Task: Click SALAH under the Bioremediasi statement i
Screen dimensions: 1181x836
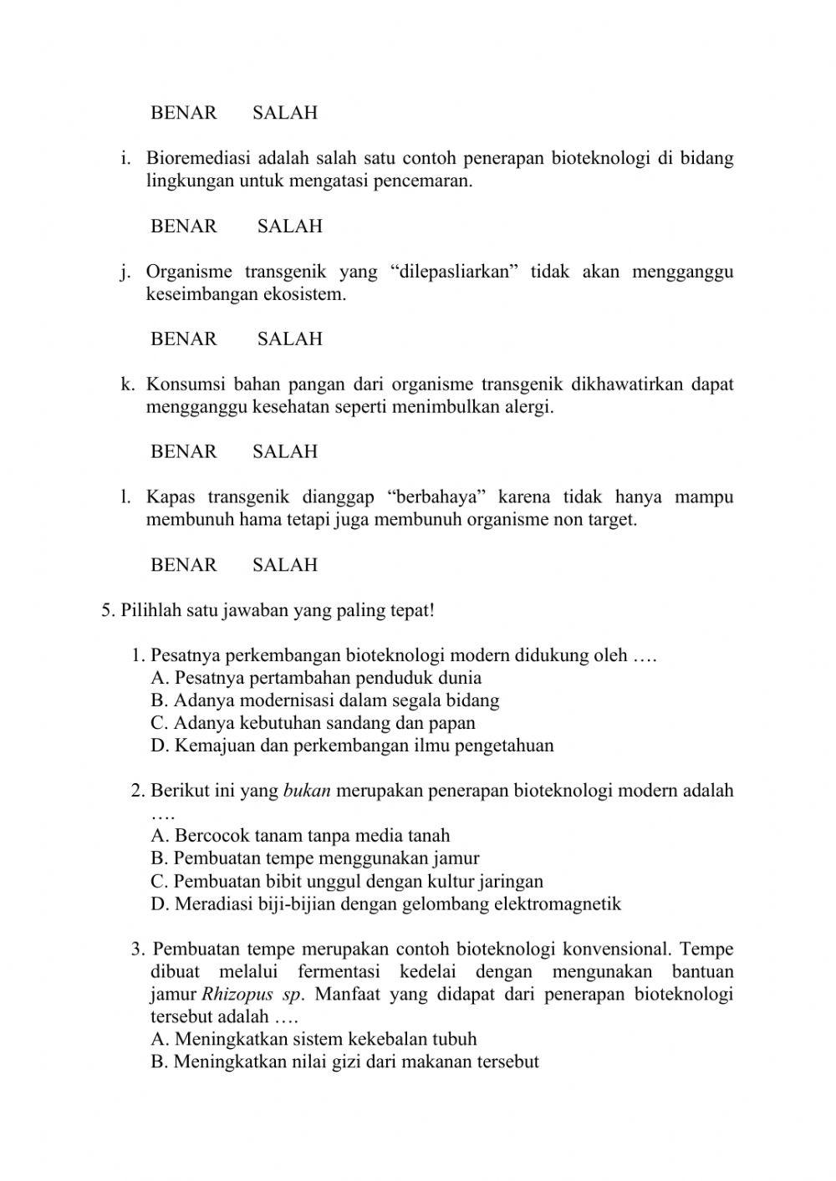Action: tap(289, 227)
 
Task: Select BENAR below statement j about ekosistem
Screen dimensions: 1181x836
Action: tap(183, 339)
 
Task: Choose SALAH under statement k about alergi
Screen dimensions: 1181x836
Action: tap(285, 452)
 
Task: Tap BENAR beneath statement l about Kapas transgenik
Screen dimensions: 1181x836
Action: tap(183, 565)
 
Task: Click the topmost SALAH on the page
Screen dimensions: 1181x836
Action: tap(285, 113)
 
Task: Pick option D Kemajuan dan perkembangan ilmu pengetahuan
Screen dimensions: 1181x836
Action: tap(352, 746)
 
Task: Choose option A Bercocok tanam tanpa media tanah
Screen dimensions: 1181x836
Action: tap(300, 836)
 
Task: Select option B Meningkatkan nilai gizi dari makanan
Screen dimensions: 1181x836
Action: tap(344, 1062)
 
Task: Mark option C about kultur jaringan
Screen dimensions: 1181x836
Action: tap(347, 881)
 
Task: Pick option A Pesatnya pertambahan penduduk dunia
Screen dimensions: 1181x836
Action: tap(316, 678)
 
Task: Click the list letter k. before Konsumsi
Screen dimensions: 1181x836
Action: tap(127, 384)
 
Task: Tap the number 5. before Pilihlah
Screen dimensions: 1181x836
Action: tap(108, 610)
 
